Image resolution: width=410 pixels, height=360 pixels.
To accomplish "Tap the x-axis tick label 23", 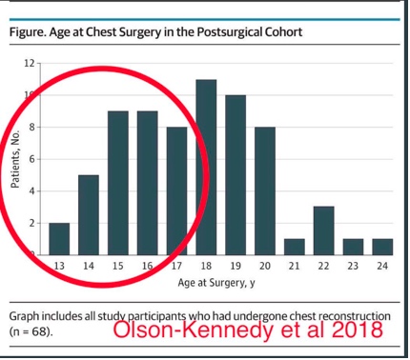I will tap(353, 266).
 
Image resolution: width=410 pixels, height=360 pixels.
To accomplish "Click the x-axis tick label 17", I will tap(177, 266).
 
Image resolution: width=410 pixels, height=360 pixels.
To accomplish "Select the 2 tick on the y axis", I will tap(31, 223).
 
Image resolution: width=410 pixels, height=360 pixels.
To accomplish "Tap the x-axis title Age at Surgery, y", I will tap(220, 283).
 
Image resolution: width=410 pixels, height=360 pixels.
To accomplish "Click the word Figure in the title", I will tap(29, 32).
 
